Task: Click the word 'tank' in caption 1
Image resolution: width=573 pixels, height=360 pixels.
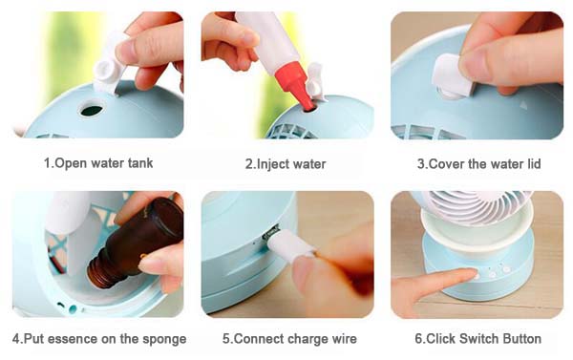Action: click(140, 163)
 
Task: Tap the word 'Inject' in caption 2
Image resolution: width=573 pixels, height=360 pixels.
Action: click(271, 164)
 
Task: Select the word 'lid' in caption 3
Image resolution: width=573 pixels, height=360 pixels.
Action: click(534, 163)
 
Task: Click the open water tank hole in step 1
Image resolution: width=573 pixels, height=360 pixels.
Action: click(92, 110)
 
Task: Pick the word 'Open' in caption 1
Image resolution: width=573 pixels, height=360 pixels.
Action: click(70, 163)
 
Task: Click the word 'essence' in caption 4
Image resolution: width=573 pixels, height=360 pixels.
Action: click(73, 340)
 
